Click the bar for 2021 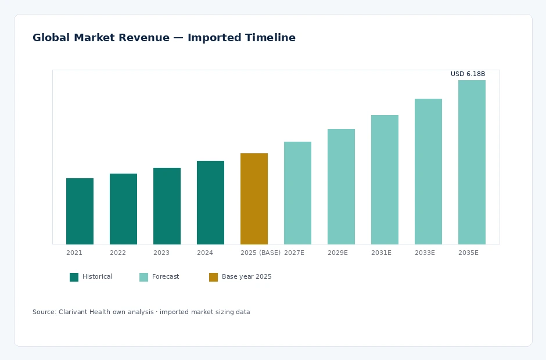click(x=80, y=211)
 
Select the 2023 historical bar click(x=167, y=206)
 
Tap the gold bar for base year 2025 click(x=254, y=199)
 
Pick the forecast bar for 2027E click(x=298, y=193)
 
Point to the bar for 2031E click(x=385, y=179)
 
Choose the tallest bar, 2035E click(x=472, y=162)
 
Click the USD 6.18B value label click(x=468, y=74)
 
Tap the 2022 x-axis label click(x=118, y=253)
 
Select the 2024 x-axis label click(x=204, y=253)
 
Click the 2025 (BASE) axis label click(x=260, y=253)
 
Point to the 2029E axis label click(x=337, y=253)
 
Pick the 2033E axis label click(x=425, y=253)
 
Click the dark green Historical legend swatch click(x=74, y=277)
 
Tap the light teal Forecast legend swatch click(x=144, y=277)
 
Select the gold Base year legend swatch click(x=213, y=277)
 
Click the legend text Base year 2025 click(x=246, y=277)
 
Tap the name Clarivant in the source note click(x=73, y=312)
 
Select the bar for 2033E click(x=428, y=172)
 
